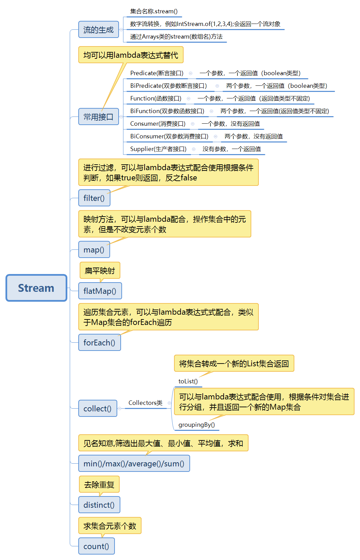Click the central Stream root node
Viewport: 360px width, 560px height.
pos(36,288)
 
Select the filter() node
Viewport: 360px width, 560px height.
pos(94,198)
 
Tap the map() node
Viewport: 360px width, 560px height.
pos(94,250)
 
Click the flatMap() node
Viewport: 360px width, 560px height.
pos(100,291)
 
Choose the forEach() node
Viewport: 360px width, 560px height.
pos(99,343)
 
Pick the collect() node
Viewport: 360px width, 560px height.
pos(97,409)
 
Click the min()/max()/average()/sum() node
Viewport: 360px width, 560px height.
pos(134,464)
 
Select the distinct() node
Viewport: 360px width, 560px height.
pos(99,505)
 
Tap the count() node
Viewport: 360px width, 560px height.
pos(96,546)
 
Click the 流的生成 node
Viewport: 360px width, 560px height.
pos(98,30)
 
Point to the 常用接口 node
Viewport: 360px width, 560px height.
pos(98,117)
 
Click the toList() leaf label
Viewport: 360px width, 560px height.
pos(188,381)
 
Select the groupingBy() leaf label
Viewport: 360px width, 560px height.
pos(197,425)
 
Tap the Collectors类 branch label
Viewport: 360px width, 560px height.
pos(145,403)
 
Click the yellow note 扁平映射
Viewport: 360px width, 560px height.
pos(100,271)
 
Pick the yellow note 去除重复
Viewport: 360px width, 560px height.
pos(99,484)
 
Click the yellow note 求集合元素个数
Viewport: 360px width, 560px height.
pos(110,526)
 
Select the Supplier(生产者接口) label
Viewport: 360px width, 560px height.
pos(158,149)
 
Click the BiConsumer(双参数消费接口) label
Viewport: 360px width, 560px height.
pos(169,136)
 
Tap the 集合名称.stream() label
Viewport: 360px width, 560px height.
pos(154,11)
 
